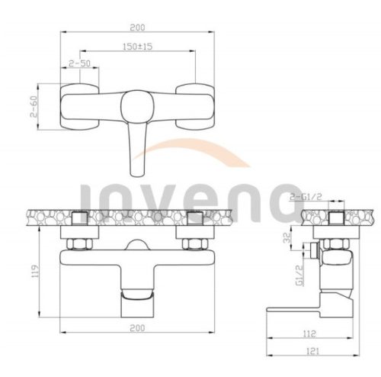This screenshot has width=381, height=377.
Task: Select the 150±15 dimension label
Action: pyautogui.click(x=137, y=46)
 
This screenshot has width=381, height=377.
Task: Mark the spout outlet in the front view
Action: pyautogui.click(x=137, y=302)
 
